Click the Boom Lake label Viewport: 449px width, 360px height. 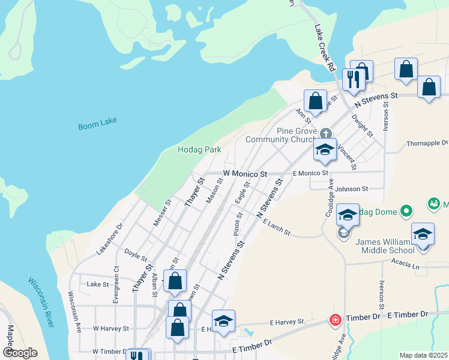[x=97, y=124]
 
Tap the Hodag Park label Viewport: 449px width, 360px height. [x=199, y=149]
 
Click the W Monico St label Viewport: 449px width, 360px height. [x=245, y=173]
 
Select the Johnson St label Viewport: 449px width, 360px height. [x=352, y=188]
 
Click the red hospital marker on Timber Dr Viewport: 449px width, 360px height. [x=334, y=322]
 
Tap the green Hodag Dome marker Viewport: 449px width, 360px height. [x=407, y=211]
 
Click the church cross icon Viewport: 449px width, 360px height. [x=325, y=133]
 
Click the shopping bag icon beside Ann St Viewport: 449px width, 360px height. [x=315, y=100]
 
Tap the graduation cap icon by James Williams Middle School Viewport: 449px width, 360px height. [x=423, y=234]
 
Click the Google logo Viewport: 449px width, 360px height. [x=20, y=353]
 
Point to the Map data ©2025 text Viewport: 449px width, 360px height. [x=423, y=355]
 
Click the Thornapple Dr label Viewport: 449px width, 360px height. [x=427, y=143]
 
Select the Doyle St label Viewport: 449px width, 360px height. [x=136, y=256]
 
